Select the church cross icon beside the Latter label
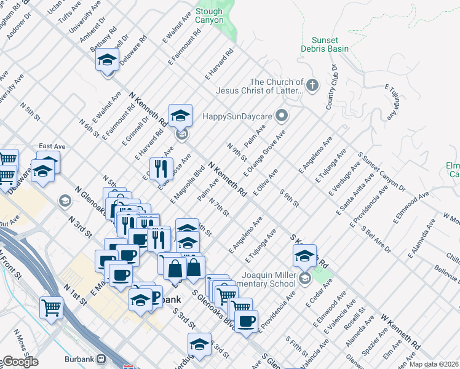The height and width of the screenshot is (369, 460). click(x=312, y=84)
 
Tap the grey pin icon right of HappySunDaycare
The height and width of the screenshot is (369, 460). click(x=282, y=115)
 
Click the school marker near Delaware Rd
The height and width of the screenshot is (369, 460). click(x=107, y=61)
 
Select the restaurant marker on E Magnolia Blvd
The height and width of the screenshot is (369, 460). click(x=161, y=168)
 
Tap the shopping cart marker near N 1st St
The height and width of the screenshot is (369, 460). click(x=51, y=306)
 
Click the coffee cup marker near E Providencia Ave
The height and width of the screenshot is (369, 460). click(x=247, y=322)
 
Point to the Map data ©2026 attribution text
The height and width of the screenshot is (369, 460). click(x=434, y=364)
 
